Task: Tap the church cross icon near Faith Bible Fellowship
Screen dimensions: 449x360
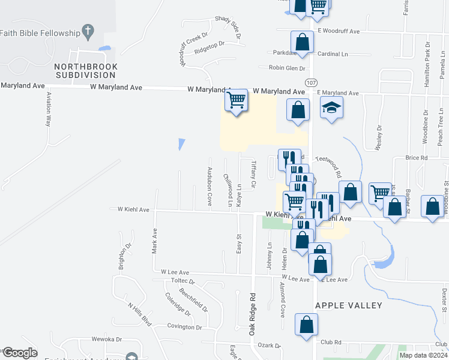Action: [88, 31]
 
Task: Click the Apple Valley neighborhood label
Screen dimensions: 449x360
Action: [349, 305]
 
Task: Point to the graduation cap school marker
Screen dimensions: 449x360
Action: [331, 109]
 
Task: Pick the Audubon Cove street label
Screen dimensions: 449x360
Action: [209, 186]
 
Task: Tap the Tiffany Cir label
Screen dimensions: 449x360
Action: [253, 174]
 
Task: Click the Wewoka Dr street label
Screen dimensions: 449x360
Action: [107, 339]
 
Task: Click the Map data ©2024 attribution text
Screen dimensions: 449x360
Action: [423, 355]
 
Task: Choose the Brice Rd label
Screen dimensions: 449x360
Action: [416, 158]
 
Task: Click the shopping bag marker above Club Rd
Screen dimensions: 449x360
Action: [306, 324]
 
